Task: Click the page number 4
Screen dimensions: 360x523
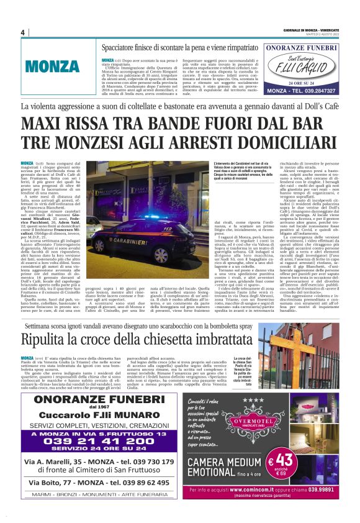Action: coord(22,32)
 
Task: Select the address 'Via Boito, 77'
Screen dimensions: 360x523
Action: coord(50,482)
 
